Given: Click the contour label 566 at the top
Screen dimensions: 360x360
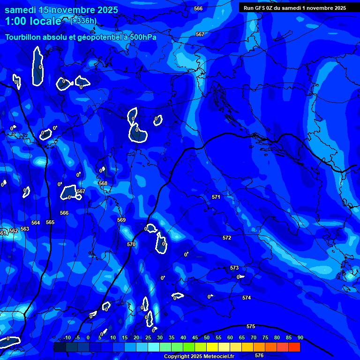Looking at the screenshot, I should [198, 8].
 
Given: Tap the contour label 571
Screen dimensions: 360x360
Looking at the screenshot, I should [216, 197].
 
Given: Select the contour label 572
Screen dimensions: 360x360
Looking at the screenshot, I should [227, 238].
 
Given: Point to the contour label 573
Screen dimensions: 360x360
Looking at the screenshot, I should [234, 268].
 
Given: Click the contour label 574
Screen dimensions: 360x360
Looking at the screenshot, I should [247, 298].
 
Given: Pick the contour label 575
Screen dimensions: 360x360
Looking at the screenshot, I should [251, 326].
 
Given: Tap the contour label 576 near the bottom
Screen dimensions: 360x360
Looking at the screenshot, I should [259, 355].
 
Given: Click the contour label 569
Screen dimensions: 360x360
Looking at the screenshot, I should [121, 220].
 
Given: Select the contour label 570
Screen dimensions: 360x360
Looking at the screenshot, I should [131, 244].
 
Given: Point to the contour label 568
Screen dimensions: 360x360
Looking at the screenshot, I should [103, 183].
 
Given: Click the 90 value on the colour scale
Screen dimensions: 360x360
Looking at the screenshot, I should [300, 338].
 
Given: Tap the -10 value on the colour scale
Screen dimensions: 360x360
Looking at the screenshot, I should [67, 338].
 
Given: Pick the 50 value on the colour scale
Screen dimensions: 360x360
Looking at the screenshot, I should [207, 338].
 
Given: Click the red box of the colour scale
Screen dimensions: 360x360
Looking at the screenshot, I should [294, 347].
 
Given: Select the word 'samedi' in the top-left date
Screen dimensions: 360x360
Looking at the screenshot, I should [22, 9].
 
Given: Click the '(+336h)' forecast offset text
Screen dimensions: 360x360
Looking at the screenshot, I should [83, 21].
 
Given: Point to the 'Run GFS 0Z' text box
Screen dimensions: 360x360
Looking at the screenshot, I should [295, 8].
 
